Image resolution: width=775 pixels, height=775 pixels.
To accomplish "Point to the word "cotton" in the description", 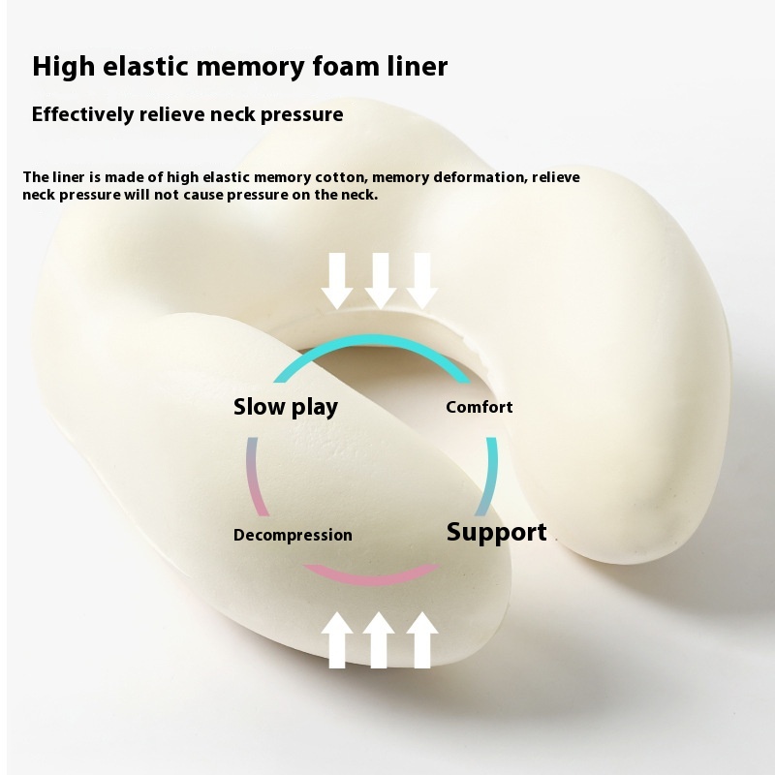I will coord(336,177).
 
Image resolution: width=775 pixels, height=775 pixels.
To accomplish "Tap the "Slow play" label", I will coord(285,407).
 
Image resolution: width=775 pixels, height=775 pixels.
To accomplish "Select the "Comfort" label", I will coord(479,407).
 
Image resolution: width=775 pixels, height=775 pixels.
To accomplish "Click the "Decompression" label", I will coord(293,535).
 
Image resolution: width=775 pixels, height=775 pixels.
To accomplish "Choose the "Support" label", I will coord(496,532).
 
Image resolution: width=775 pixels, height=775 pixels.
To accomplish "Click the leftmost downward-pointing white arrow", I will coord(338,280).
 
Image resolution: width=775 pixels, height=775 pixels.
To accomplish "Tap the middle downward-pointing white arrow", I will coord(381,280).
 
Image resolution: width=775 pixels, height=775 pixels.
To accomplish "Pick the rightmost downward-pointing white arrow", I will coord(422,280).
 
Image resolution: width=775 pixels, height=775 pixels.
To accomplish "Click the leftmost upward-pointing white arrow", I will coord(338,639).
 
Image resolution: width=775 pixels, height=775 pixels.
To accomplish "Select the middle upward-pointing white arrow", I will coord(381,639).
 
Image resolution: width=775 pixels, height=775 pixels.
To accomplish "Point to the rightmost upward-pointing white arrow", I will coord(422,639).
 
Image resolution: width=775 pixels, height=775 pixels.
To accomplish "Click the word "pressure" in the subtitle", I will coord(302,114).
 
